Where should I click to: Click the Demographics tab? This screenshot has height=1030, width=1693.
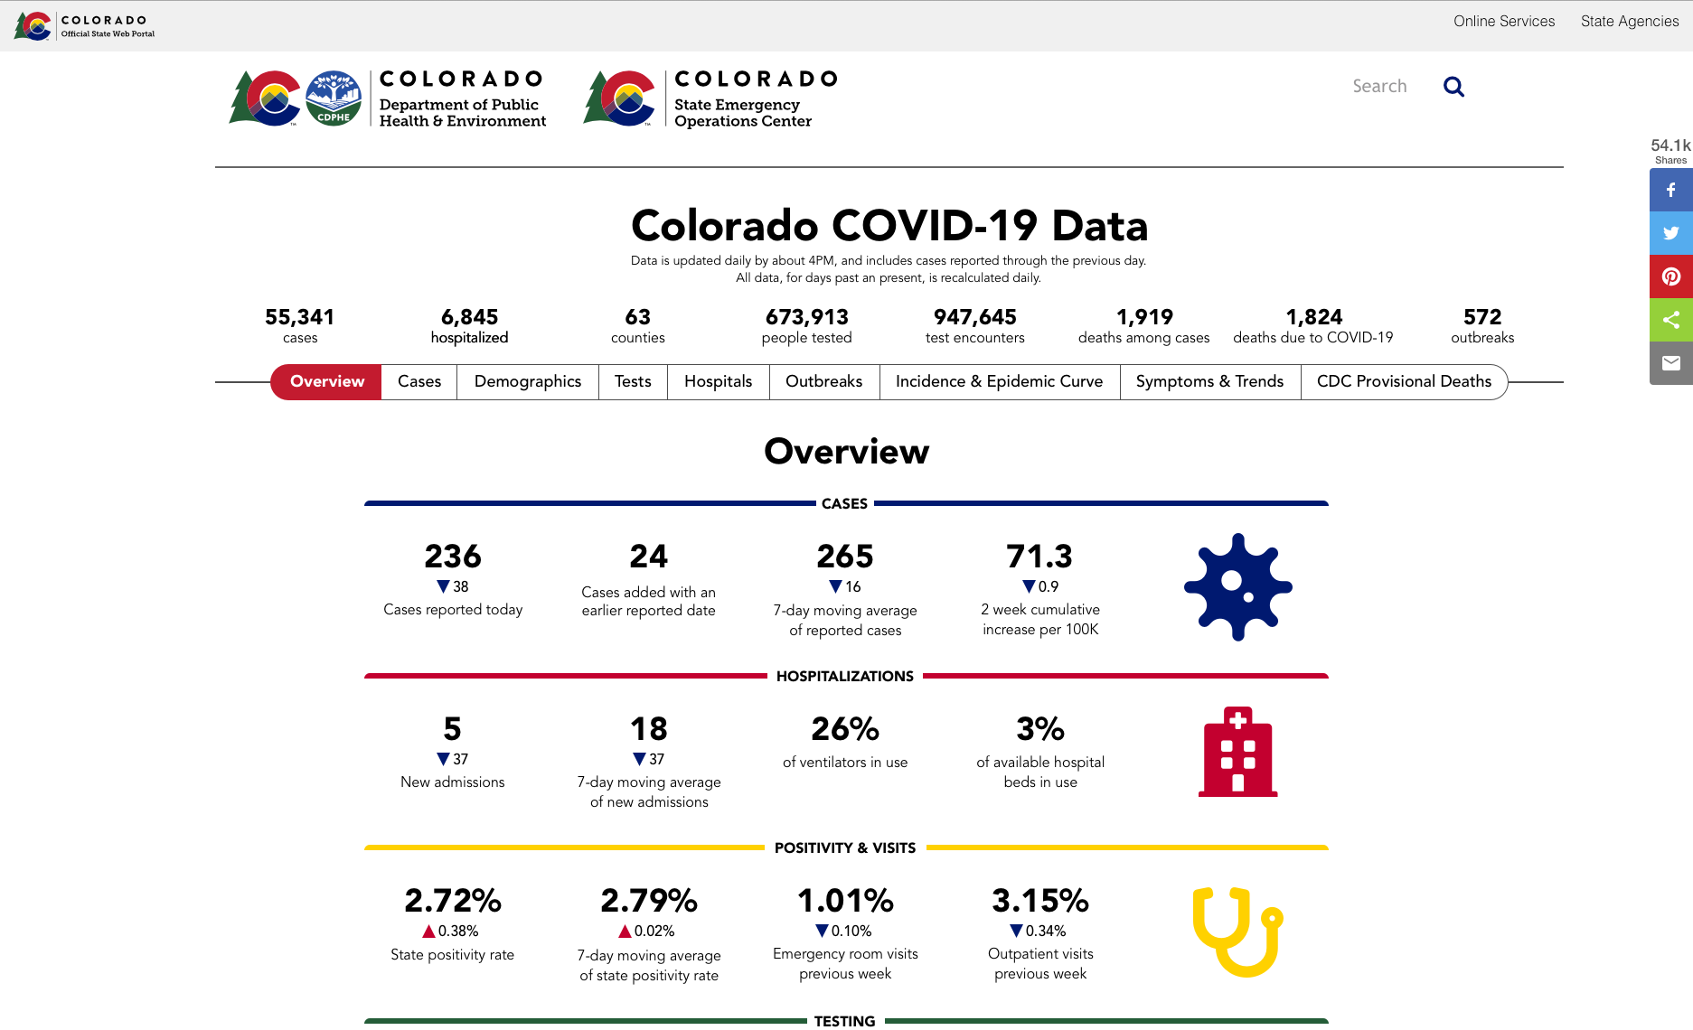528,381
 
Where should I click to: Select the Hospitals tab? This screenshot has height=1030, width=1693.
718,381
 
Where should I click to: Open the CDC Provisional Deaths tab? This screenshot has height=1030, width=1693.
1404,381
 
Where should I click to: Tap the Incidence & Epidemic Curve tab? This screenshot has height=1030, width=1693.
999,381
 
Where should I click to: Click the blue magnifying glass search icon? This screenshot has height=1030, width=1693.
1453,87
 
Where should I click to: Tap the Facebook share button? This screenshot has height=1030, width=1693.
1670,190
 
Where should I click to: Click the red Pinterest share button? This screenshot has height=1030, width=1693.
1670,276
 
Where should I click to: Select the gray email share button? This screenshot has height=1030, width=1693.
1670,363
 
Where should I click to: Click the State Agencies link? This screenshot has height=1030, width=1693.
1629,21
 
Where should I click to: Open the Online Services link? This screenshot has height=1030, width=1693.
1504,21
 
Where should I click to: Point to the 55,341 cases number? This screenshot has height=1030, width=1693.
299,317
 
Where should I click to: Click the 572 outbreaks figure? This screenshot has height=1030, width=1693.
1482,317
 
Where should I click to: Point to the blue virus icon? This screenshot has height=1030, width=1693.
1237,587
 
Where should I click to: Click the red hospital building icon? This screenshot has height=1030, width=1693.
1237,752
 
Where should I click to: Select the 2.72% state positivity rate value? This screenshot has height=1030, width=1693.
452,901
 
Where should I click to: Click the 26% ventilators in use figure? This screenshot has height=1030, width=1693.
845,729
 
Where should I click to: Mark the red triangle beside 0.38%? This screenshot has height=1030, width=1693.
429,932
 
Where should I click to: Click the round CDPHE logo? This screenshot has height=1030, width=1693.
334,98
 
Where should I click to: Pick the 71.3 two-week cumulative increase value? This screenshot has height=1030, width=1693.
1039,557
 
